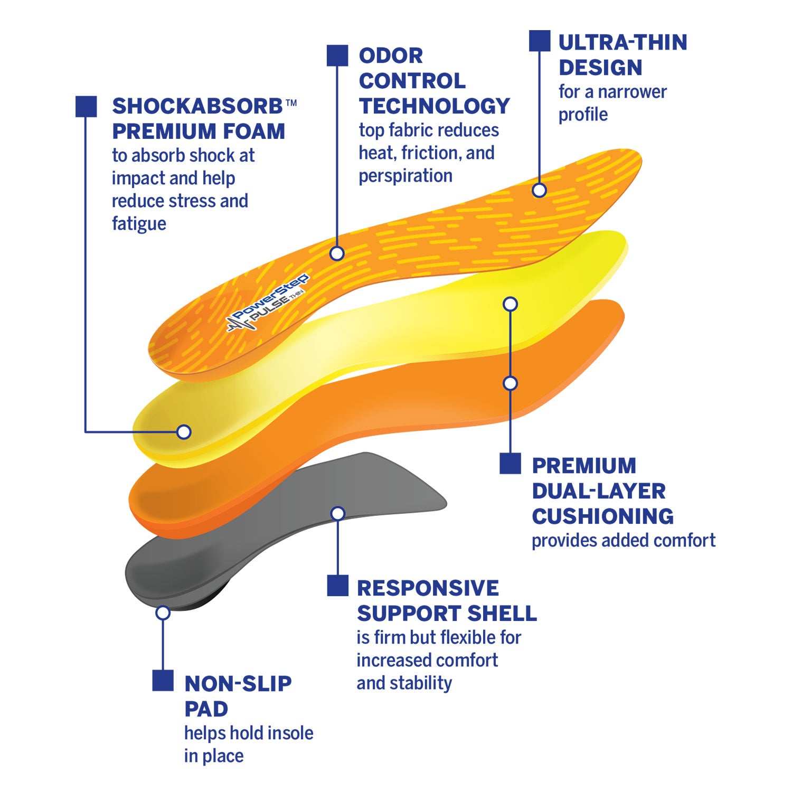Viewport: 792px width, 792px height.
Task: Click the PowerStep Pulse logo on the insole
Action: (268, 304)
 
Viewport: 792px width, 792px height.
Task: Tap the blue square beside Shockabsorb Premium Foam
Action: (86, 106)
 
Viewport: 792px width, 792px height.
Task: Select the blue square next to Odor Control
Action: (337, 55)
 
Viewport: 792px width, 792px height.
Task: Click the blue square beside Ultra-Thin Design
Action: (539, 41)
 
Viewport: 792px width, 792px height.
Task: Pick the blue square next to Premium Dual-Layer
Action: (510, 463)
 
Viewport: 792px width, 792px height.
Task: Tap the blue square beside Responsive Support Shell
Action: (337, 586)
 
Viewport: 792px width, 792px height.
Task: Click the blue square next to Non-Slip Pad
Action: (163, 681)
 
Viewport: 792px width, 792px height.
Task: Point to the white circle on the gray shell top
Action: (337, 513)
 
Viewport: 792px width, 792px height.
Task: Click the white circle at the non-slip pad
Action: (163, 612)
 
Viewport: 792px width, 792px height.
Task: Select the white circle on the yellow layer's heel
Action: (183, 432)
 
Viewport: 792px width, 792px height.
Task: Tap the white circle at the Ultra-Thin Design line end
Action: (539, 190)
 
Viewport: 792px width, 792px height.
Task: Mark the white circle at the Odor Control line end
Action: (337, 253)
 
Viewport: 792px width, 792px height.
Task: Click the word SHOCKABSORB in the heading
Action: (197, 106)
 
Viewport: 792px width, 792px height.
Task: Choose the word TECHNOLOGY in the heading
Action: (434, 106)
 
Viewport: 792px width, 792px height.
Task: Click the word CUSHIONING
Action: (602, 516)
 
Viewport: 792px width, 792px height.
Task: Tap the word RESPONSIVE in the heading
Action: (428, 588)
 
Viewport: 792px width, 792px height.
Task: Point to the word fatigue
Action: (139, 223)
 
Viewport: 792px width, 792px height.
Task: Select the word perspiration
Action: (406, 176)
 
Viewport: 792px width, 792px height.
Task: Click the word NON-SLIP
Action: (238, 684)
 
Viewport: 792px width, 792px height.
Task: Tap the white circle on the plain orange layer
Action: (510, 383)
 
